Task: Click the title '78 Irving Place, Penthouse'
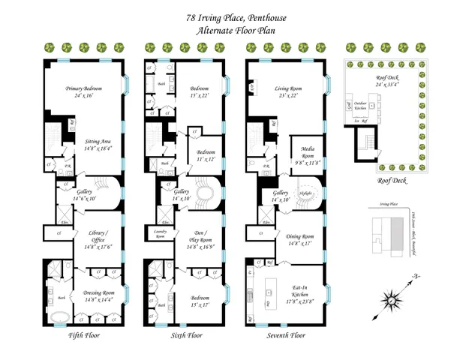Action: pos(233,16)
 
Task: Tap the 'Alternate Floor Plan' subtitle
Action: pos(233,30)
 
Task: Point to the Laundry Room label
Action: pos(161,234)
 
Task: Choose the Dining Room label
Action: pos(302,239)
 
